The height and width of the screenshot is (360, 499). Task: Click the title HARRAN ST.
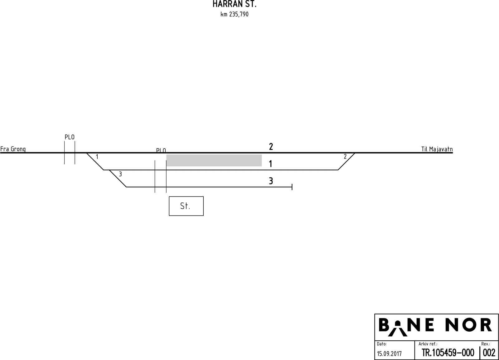[234, 4]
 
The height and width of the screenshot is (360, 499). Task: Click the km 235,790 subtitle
[234, 14]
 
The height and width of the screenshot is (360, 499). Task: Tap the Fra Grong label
[13, 149]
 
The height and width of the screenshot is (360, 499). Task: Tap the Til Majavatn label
[437, 149]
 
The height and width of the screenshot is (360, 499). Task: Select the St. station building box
[186, 206]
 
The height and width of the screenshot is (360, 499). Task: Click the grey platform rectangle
[214, 160]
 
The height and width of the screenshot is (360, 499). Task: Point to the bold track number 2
[271, 147]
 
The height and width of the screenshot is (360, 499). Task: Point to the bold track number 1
[270, 164]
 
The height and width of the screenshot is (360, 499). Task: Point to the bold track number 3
[271, 181]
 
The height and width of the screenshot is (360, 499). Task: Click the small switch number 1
[97, 157]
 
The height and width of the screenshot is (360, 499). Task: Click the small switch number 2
[345, 157]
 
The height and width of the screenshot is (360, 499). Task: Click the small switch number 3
[120, 174]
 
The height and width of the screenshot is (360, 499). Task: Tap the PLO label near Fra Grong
[70, 137]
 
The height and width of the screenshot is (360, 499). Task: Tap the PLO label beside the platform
[161, 151]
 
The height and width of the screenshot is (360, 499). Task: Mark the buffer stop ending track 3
[292, 187]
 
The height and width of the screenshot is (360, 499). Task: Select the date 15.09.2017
[389, 353]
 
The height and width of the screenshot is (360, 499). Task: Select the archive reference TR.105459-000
[448, 353]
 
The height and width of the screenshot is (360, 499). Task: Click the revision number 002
[489, 353]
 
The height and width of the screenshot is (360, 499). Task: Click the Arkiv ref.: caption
[428, 344]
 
